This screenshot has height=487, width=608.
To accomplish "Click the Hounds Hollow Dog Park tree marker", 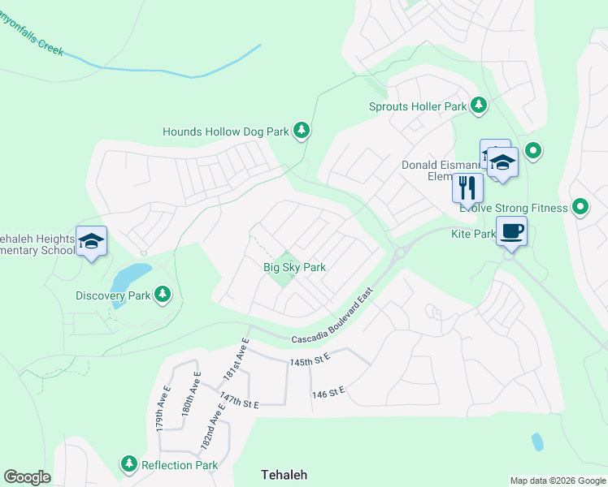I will click(x=302, y=130).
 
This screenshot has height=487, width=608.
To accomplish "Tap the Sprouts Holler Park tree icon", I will click(x=479, y=106).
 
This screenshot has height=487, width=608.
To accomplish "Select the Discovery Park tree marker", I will click(x=163, y=295).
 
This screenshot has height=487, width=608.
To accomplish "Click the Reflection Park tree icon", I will click(x=128, y=464).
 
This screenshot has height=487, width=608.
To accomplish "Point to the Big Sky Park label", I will click(x=294, y=267).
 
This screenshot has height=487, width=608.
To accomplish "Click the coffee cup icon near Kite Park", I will click(x=511, y=231).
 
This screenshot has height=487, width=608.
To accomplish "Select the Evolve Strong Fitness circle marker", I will click(x=580, y=208).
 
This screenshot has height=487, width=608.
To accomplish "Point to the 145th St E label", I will click(x=310, y=360).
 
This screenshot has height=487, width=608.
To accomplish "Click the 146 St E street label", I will click(x=328, y=392).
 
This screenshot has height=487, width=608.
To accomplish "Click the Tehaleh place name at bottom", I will click(x=284, y=474).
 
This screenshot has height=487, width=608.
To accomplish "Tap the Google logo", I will click(x=28, y=477).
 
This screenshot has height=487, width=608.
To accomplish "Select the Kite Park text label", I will click(x=473, y=233).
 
